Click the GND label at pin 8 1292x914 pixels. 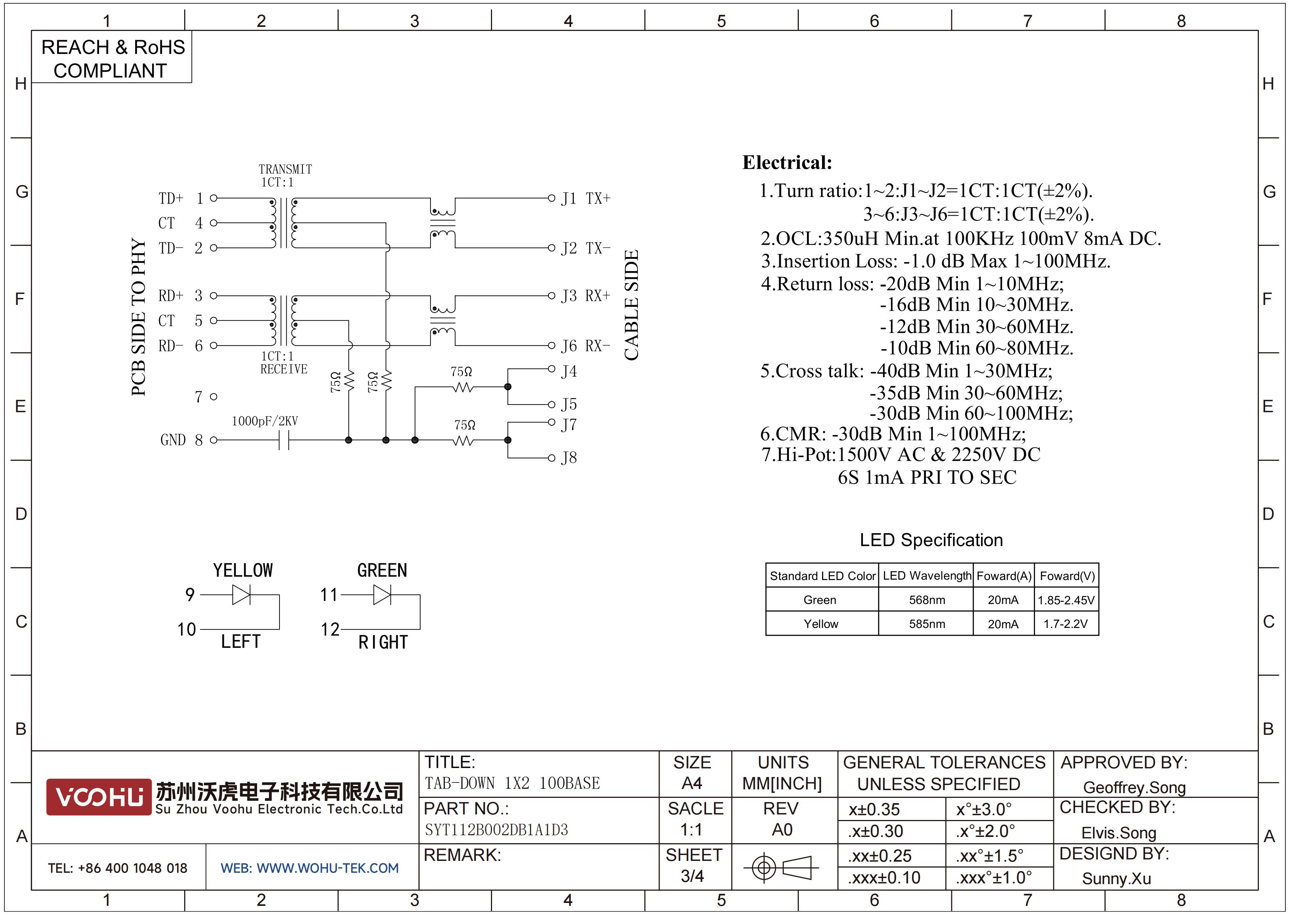point(173,440)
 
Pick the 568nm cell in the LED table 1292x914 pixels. point(927,600)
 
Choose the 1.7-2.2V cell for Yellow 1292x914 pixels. point(1066,624)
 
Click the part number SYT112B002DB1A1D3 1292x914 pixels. point(496,830)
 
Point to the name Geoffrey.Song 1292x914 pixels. point(1134,787)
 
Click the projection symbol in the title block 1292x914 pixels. point(781,867)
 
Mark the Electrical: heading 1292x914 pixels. point(787,162)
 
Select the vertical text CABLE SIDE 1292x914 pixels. point(631,305)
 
